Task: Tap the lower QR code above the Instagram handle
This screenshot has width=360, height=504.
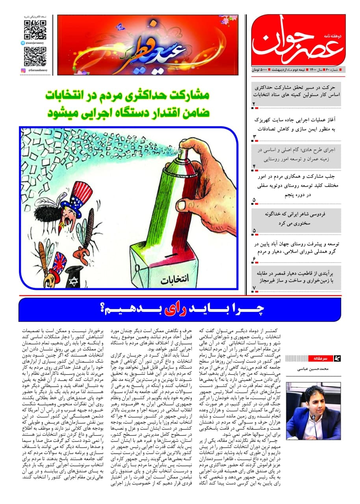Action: tap(35, 56)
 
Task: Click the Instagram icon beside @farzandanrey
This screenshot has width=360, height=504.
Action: tap(23, 70)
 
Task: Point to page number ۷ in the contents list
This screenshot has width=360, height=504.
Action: tap(254, 289)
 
